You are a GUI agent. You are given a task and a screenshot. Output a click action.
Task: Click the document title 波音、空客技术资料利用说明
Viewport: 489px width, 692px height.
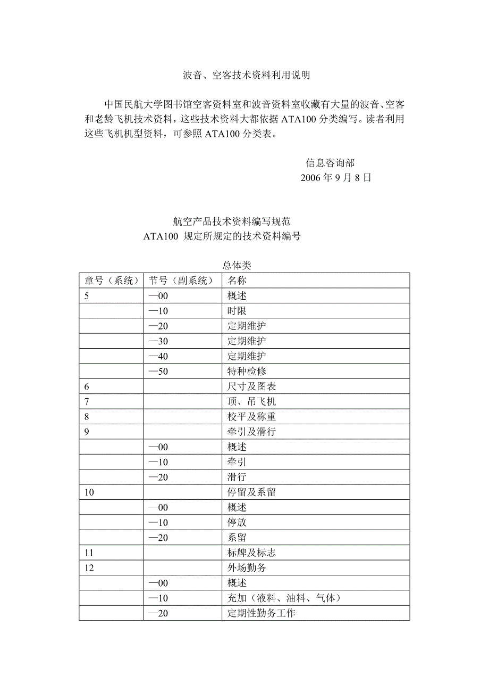tap(246, 76)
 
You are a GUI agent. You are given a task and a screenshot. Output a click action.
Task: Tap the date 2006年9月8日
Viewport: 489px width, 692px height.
tap(336, 178)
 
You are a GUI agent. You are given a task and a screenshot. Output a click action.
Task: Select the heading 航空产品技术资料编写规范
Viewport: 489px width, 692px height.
tap(232, 222)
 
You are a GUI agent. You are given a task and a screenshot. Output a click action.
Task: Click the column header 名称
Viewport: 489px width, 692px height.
tap(237, 281)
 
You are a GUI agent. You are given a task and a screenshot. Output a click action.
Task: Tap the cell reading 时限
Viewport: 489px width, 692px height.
tap(237, 311)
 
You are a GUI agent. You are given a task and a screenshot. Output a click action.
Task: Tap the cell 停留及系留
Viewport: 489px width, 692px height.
tap(252, 492)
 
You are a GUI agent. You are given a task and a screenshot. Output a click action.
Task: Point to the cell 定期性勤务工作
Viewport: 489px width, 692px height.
tap(262, 613)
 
